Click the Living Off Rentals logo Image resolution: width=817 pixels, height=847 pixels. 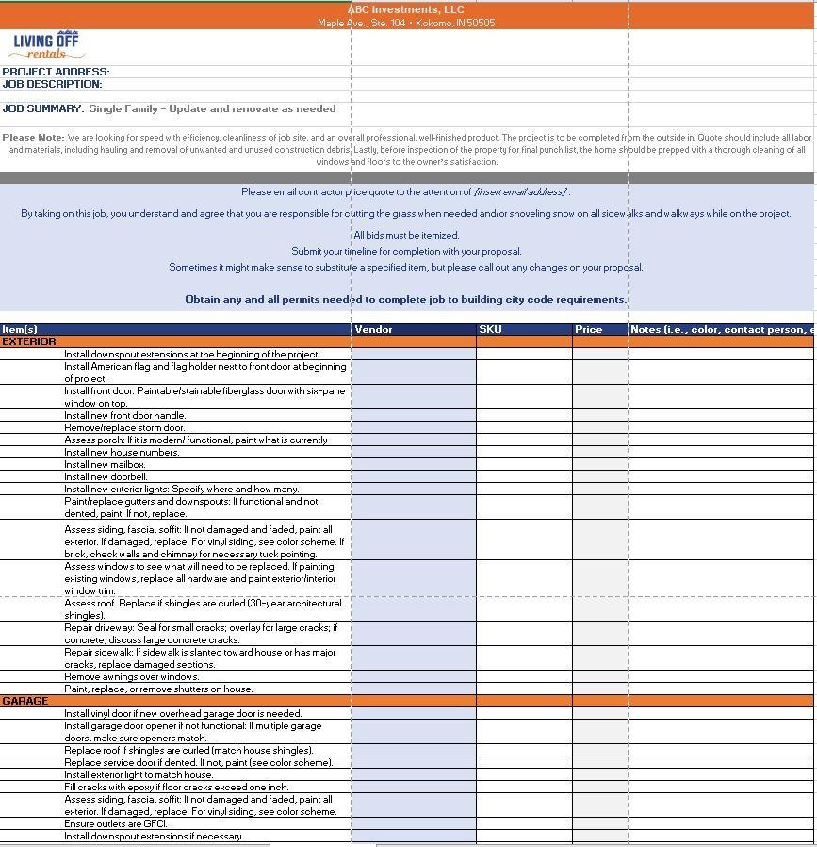click(x=46, y=44)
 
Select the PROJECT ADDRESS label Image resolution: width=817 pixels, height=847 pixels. click(x=56, y=72)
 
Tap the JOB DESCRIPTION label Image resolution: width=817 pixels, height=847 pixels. click(x=52, y=84)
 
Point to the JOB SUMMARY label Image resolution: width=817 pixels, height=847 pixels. click(x=43, y=109)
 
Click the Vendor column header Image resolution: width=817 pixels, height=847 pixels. click(x=374, y=329)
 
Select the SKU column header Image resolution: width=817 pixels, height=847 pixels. click(x=490, y=329)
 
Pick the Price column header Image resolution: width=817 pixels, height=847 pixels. click(x=588, y=329)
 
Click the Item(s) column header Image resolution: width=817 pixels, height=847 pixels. click(x=20, y=329)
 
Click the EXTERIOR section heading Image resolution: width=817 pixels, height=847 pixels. click(x=29, y=341)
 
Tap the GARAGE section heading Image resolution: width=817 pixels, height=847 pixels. click(x=25, y=702)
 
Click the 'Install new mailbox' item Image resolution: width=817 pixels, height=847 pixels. click(x=105, y=464)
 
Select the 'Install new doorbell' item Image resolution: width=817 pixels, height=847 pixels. click(x=106, y=476)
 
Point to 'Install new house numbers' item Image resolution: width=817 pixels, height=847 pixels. click(x=122, y=452)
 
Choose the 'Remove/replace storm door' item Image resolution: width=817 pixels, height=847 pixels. click(x=124, y=427)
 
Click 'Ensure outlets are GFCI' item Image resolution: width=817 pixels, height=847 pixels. click(x=115, y=823)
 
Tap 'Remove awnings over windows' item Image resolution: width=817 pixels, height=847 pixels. click(x=131, y=676)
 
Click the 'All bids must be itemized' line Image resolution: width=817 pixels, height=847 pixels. click(x=406, y=235)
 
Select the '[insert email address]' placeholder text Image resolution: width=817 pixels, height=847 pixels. click(x=520, y=191)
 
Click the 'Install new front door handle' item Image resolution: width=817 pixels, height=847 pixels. click(x=125, y=415)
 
